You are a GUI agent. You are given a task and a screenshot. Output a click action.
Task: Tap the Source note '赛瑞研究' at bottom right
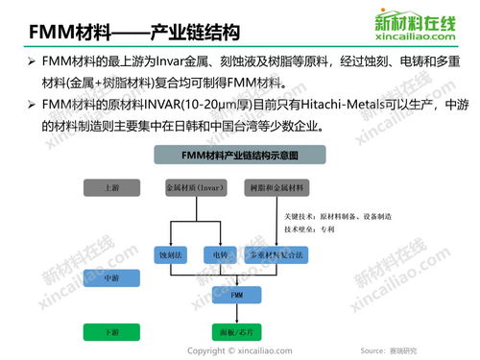413,351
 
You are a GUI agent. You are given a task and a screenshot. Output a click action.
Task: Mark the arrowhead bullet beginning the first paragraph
31,62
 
